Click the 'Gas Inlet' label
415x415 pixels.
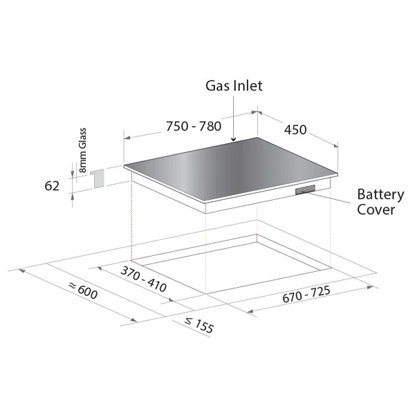click(234, 86)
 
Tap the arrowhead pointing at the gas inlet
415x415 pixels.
click(233, 139)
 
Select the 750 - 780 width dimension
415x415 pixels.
click(194, 126)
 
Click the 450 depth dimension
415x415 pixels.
click(295, 130)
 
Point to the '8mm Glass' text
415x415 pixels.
click(82, 150)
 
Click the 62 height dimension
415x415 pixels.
click(52, 186)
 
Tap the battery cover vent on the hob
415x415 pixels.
click(305, 190)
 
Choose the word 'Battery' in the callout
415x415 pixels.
click(380, 195)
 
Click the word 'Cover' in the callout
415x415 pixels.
click(376, 210)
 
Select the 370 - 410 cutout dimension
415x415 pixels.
click(144, 279)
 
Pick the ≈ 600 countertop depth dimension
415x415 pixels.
click(83, 290)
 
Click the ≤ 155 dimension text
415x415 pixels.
click(199, 325)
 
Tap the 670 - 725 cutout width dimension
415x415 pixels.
click(306, 294)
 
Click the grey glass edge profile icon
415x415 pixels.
click(98, 179)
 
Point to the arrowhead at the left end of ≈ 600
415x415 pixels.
click(21, 271)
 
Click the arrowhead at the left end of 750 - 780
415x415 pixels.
click(127, 138)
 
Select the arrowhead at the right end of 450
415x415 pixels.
click(335, 145)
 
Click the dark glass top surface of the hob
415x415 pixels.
click(230, 169)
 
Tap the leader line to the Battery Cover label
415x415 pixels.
click(330, 198)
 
